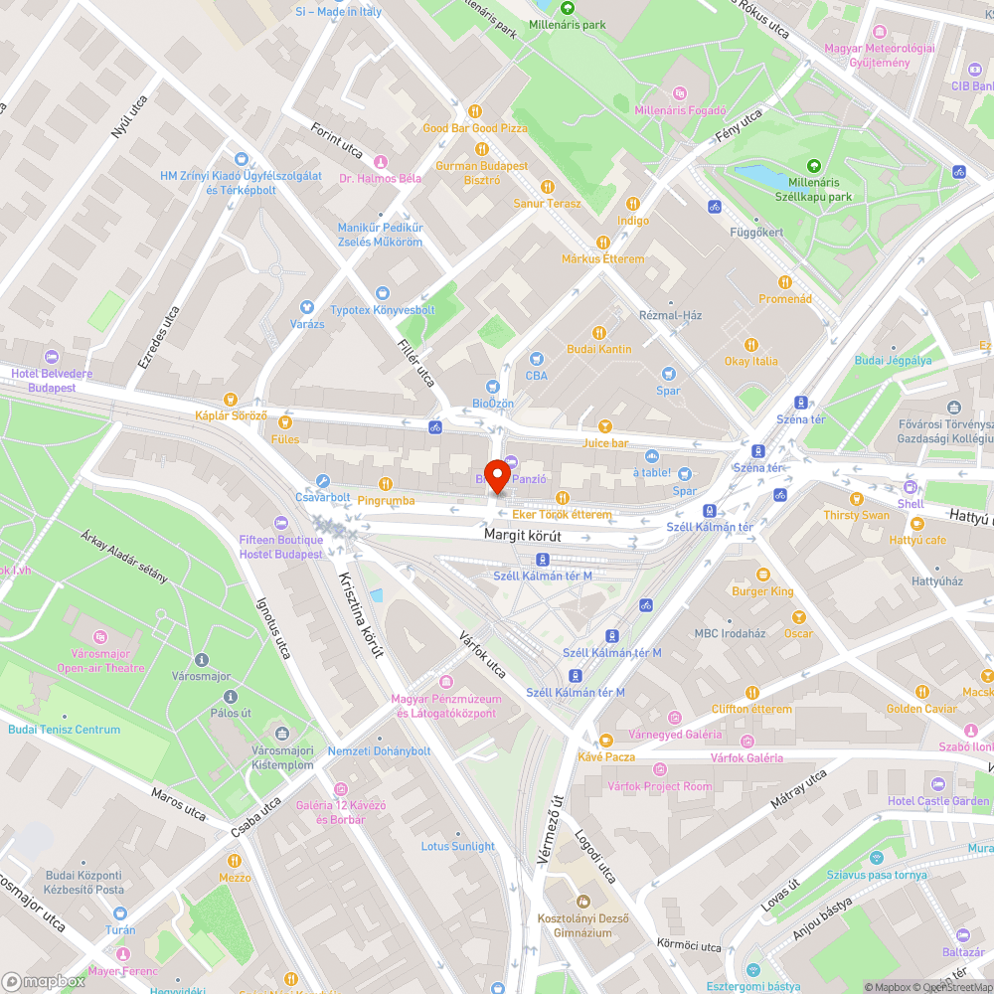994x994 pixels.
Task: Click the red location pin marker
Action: click(x=497, y=475)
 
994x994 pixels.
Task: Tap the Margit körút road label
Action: click(x=523, y=536)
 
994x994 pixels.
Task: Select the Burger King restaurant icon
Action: click(x=763, y=575)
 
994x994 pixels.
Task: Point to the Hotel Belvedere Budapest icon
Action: click(x=52, y=357)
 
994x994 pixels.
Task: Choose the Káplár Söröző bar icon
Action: click(x=231, y=400)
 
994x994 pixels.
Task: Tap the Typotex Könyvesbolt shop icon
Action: click(x=383, y=293)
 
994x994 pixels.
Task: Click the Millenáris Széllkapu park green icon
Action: click(x=814, y=166)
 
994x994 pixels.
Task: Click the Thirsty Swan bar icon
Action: click(x=857, y=498)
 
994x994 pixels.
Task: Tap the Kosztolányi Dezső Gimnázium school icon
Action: click(x=583, y=902)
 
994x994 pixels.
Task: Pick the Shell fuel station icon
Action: click(x=911, y=487)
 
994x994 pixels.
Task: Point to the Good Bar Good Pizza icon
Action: click(x=475, y=111)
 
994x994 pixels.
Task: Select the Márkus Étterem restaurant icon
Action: click(x=602, y=243)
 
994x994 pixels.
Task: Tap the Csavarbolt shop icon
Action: click(x=323, y=481)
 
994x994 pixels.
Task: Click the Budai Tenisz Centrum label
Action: click(x=64, y=730)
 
